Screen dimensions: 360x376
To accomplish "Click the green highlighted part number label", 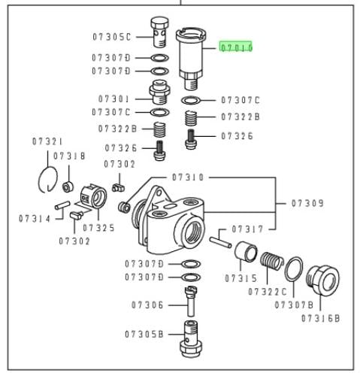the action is pos(236,47).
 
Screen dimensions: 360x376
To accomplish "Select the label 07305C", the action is pos(112,37).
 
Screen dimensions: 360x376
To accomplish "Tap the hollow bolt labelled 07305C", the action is pos(159,32).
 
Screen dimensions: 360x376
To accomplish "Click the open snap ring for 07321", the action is pos(48,180).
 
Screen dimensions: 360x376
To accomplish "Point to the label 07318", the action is pos(69,156).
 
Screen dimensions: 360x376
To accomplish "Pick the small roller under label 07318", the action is pos(68,186).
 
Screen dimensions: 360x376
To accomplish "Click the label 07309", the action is pos(307,203).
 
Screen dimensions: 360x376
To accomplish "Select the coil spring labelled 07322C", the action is pos(272,261).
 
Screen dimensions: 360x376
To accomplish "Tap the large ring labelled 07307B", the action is pos(294,269).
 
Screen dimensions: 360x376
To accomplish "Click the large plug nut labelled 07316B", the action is pos(322,280).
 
